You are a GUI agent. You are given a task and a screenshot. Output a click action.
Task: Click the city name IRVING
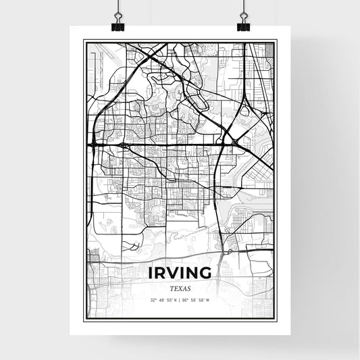[x=180, y=273]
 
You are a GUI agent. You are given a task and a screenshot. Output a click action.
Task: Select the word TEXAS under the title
[x=180, y=288]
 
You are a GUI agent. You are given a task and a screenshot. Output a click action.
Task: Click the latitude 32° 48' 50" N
[x=163, y=300]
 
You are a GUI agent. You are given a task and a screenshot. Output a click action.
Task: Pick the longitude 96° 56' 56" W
[x=197, y=300]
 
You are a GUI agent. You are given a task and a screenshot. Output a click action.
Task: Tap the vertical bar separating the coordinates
[x=180, y=300]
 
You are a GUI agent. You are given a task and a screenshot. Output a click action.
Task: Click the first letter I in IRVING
[x=149, y=273]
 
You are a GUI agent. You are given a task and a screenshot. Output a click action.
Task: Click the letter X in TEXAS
[x=180, y=288]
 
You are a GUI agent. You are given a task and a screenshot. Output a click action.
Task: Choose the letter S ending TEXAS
[x=188, y=288]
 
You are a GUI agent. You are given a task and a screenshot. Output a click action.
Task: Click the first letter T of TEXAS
[x=171, y=288]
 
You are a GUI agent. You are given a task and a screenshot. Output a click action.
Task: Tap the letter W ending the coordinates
[x=209, y=300]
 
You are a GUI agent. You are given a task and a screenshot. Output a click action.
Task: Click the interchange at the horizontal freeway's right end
[x=234, y=143]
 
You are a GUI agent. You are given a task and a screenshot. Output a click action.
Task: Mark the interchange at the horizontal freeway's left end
[x=93, y=143]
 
